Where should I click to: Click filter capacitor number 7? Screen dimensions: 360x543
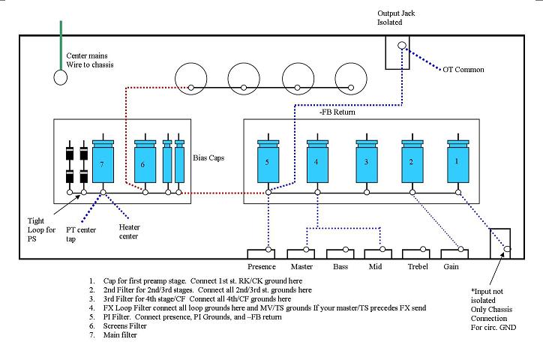[103, 163]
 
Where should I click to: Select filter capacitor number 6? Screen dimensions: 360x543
[145, 163]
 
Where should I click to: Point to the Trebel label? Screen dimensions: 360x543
[418, 266]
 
